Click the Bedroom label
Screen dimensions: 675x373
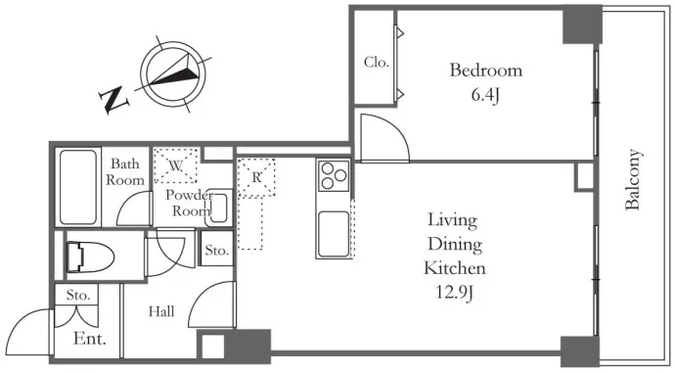(486, 70)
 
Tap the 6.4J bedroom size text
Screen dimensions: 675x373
(485, 95)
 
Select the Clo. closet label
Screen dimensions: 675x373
(377, 62)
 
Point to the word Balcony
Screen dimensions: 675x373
(632, 179)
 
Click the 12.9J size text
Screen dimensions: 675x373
(455, 293)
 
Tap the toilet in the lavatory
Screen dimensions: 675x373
(90, 257)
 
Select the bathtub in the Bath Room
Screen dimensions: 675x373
(78, 187)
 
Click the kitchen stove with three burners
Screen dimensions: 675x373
(334, 175)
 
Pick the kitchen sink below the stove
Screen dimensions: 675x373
(334, 234)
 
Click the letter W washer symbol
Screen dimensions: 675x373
(176, 165)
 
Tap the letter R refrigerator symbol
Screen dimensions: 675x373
(256, 177)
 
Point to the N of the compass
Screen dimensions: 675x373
(114, 100)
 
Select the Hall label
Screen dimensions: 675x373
(161, 311)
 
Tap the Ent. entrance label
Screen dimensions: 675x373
(90, 339)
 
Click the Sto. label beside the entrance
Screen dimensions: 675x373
(78, 295)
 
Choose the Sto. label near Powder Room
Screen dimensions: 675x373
(216, 251)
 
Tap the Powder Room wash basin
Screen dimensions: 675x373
(219, 208)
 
